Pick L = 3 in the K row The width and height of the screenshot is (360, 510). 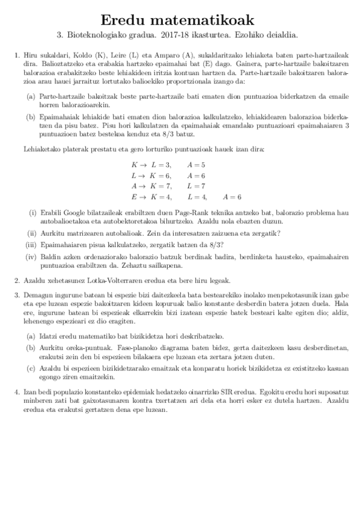pyautogui.click(x=161, y=165)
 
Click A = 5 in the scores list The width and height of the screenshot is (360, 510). pyautogui.click(x=196, y=165)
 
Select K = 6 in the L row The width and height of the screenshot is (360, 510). pyautogui.click(x=160, y=176)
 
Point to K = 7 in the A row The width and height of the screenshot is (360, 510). pyautogui.click(x=160, y=186)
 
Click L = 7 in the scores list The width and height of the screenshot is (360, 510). pyautogui.click(x=196, y=186)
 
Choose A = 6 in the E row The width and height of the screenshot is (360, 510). pyautogui.click(x=231, y=197)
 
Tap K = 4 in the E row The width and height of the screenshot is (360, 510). pyautogui.click(x=160, y=197)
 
